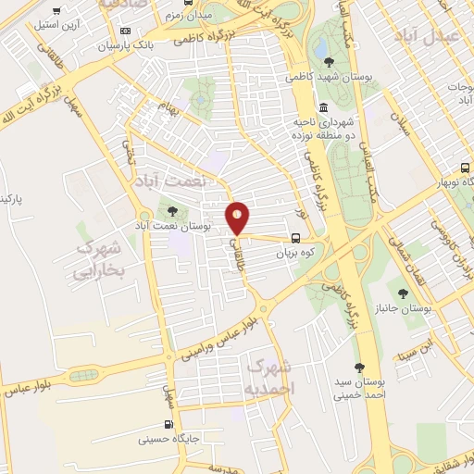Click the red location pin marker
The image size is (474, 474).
coord(238,217)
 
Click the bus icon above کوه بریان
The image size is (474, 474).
coord(295,236)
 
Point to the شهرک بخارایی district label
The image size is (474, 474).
coord(103,261)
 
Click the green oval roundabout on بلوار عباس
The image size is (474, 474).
coord(86,374)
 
